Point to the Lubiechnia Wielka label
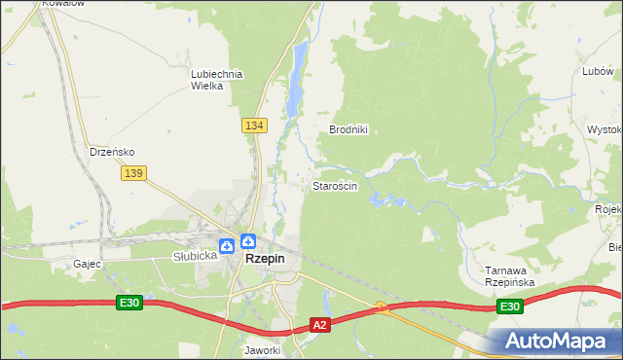pyautogui.click(x=215, y=79)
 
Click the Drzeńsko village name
pyautogui.click(x=112, y=152)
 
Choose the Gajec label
pyautogui.click(x=87, y=264)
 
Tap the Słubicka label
pyautogui.click(x=193, y=257)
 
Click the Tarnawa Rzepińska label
pyautogui.click(x=510, y=275)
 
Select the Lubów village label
pyautogui.click(x=596, y=71)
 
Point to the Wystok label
pyautogui.click(x=605, y=129)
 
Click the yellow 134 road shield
pyautogui.click(x=254, y=126)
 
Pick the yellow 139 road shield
pyautogui.click(x=134, y=172)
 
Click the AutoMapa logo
pyautogui.click(x=560, y=341)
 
